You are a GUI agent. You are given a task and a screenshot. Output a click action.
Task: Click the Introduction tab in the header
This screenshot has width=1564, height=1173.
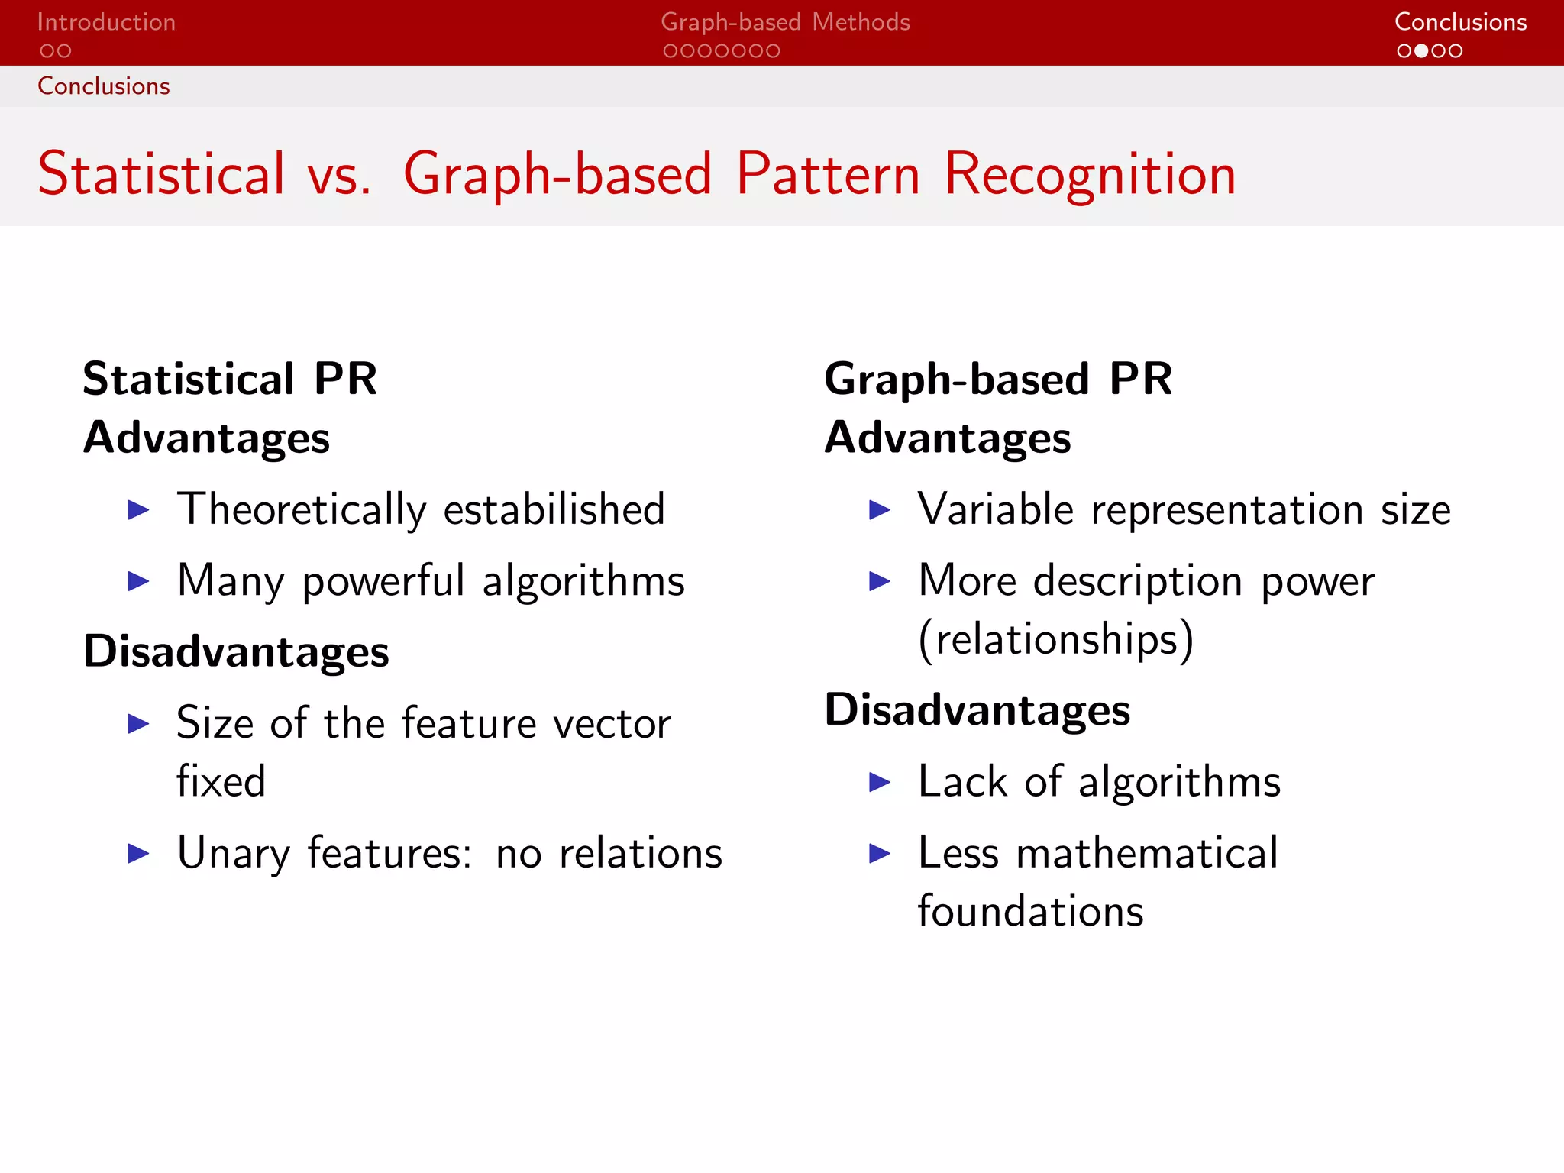click(x=106, y=22)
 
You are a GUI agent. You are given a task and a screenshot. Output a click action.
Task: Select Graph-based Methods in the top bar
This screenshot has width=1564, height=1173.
click(x=785, y=22)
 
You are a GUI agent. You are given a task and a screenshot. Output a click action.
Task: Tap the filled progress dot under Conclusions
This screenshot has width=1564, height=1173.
click(x=1421, y=51)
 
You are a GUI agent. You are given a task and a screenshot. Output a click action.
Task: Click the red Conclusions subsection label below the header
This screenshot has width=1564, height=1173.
click(x=104, y=86)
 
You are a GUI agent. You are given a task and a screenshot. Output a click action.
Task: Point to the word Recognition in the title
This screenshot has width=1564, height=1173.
click(x=1090, y=175)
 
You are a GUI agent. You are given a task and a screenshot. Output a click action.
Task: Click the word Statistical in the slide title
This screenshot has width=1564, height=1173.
click(x=161, y=173)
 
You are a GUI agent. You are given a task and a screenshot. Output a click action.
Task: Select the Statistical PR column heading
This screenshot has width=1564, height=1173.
click(x=230, y=379)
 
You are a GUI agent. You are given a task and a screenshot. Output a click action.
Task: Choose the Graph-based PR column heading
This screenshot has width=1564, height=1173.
click(x=998, y=379)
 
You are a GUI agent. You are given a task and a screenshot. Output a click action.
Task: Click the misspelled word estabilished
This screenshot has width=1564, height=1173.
click(x=554, y=509)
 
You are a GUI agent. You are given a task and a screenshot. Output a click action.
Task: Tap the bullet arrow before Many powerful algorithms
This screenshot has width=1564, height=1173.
click(x=138, y=581)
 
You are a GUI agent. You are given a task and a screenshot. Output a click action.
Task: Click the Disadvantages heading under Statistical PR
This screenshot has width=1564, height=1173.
click(x=236, y=652)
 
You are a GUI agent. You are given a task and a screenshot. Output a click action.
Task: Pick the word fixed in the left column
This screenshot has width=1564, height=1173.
click(x=221, y=781)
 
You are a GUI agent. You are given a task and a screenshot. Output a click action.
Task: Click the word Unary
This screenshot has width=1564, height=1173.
click(x=234, y=854)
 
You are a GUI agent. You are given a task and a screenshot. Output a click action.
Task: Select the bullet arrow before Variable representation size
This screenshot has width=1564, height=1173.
click(x=880, y=510)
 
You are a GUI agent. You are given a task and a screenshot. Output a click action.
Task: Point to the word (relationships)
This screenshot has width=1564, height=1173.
click(x=1055, y=639)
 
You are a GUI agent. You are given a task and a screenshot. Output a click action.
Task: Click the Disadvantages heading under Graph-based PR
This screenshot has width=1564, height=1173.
click(x=977, y=710)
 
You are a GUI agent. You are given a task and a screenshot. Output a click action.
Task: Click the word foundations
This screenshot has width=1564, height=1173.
click(x=1031, y=912)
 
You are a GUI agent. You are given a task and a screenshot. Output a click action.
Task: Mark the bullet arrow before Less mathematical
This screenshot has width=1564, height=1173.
click(x=880, y=854)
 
